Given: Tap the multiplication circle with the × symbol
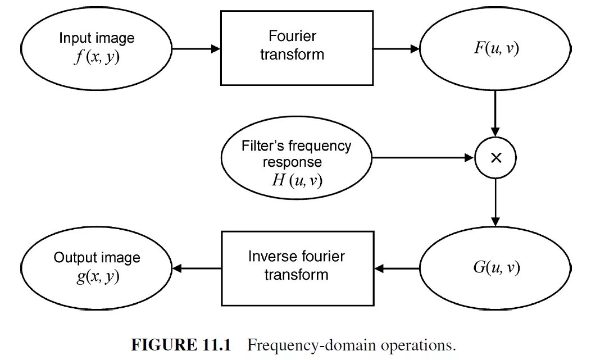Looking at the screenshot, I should [495, 158].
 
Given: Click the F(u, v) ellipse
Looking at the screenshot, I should [496, 49].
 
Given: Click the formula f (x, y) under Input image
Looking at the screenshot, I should [97, 57].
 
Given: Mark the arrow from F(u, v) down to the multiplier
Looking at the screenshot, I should [495, 112].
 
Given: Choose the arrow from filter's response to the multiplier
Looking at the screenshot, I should [422, 158].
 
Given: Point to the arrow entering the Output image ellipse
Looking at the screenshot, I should [196, 269].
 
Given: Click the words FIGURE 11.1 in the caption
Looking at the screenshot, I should [181, 345].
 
